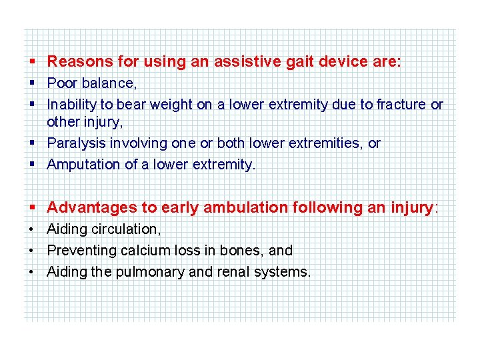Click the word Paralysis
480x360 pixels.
75,143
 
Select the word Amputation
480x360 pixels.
84,165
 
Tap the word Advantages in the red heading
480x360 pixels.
88,207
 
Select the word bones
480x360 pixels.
243,251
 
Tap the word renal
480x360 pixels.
226,272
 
